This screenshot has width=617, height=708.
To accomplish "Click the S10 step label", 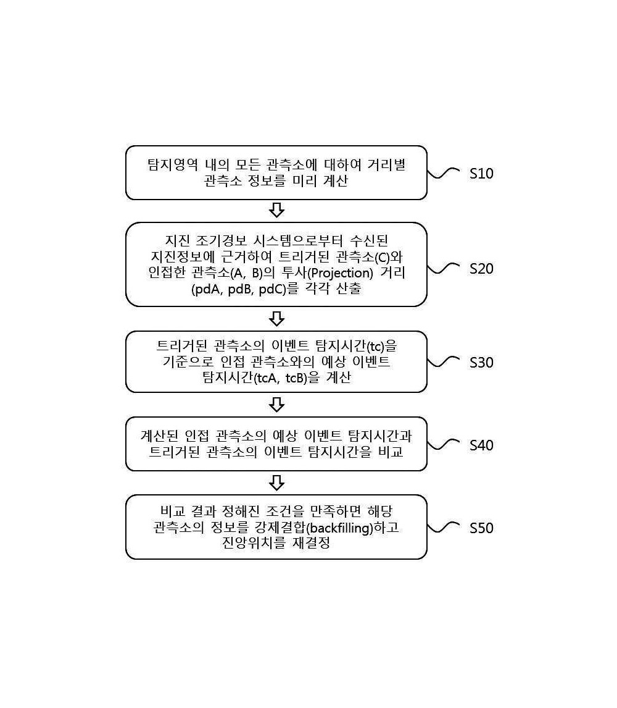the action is coord(481,174).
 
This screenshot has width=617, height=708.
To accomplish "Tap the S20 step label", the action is coord(481,269).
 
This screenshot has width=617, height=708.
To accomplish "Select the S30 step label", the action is coord(481,363).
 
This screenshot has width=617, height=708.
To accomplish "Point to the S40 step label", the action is coord(481,445).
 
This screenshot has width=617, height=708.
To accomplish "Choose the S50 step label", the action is coord(481,528).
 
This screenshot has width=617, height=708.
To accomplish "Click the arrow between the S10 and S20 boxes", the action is coord(276,210).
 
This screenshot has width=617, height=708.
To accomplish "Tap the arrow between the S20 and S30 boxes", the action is coord(276,319).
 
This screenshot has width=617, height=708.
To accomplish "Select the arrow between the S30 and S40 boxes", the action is coord(276,405).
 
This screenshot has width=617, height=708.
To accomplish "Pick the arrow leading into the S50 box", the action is coord(276,483).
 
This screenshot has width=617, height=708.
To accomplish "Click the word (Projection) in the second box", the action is coord(339,273).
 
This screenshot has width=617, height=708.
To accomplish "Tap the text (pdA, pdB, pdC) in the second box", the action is coord(239,289).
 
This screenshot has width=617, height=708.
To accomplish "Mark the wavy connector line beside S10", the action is coord(443,173).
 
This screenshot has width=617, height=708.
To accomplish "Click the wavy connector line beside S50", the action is coord(443,528).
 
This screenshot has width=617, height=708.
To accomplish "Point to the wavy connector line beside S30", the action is coord(443,362).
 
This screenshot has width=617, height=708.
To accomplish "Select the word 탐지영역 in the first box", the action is coord(173,164).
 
